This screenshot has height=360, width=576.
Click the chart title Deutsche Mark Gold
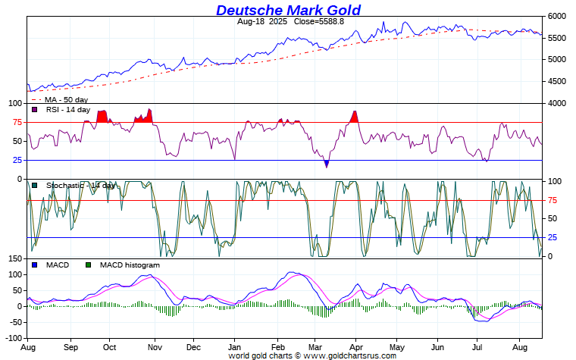coord(288,10)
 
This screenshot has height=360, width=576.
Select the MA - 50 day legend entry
coord(65,99)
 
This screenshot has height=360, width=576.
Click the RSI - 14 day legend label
coord(68,110)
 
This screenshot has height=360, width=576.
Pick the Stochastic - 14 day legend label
coord(80,185)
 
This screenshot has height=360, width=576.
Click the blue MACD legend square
coord(35,265)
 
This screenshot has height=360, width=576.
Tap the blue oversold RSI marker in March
coord(327,163)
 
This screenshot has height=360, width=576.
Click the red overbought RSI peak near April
coord(355,116)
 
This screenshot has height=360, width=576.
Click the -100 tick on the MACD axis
coord(13,338)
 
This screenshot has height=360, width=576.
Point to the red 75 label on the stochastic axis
coord(553,200)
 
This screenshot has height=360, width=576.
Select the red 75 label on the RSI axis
coord(17,122)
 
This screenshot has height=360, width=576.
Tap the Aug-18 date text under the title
coord(251,22)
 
